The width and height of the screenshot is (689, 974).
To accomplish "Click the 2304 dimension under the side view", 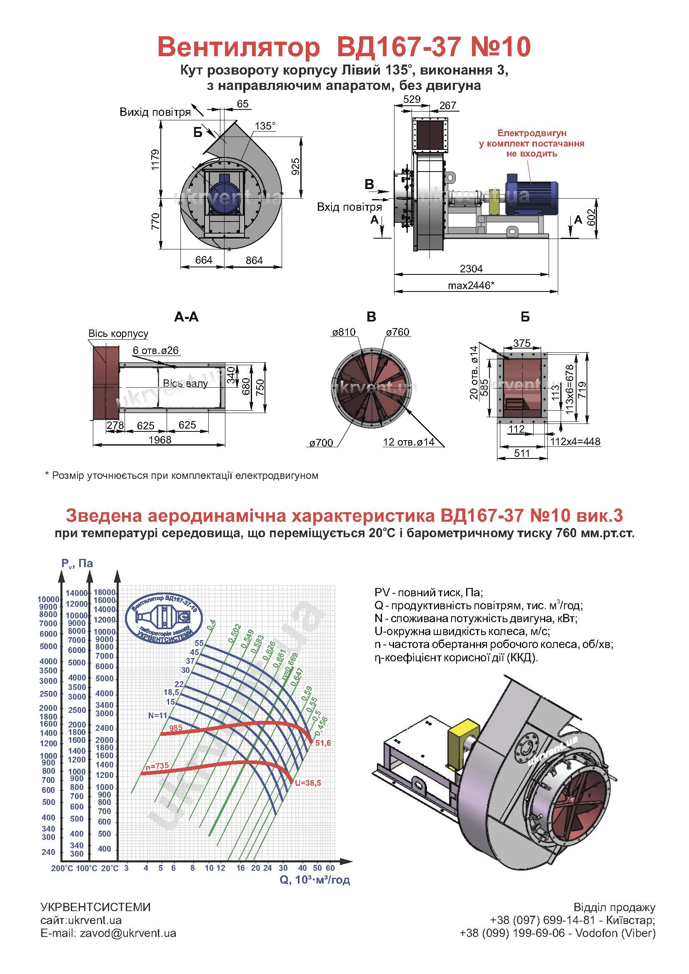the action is tap(472, 269).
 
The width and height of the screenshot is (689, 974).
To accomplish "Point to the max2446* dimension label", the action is tap(471, 285).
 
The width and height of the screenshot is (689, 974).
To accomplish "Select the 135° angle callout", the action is tap(265, 126).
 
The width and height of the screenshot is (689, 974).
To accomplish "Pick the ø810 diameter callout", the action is tap(344, 332).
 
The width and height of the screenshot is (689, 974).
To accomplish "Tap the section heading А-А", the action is tap(186, 317).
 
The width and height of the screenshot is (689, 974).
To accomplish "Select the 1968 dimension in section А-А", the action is tap(160, 439).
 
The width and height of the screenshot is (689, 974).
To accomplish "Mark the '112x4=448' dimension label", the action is tap(575, 441).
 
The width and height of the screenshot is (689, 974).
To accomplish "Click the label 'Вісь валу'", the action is tap(185, 384).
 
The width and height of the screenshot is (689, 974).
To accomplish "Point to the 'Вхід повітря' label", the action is tap(349, 207).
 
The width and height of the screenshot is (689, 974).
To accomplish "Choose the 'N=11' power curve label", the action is tap(158, 715).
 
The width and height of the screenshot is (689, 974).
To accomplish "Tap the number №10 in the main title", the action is tap(501, 47).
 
